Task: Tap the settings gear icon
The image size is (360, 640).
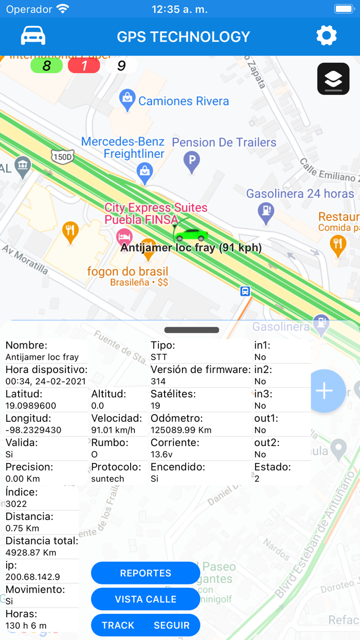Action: click(326, 35)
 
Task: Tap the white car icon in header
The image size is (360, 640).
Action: click(33, 35)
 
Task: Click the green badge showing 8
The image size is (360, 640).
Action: click(46, 66)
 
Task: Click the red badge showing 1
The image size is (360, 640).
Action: click(84, 66)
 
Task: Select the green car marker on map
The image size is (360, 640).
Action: click(191, 235)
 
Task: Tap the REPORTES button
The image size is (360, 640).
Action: click(146, 573)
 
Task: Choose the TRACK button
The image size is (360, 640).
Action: click(118, 625)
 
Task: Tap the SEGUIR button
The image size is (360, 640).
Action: click(172, 625)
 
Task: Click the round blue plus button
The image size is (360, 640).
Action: click(325, 391)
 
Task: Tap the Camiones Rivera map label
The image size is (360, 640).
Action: click(183, 101)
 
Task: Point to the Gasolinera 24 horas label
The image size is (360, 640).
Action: click(300, 194)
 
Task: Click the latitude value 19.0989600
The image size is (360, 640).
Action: click(31, 405)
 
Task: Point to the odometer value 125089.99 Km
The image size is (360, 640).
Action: click(181, 430)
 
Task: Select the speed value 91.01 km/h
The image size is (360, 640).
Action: click(113, 430)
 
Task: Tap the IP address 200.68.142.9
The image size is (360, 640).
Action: click(33, 577)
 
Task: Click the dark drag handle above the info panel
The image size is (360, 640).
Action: click(192, 330)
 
